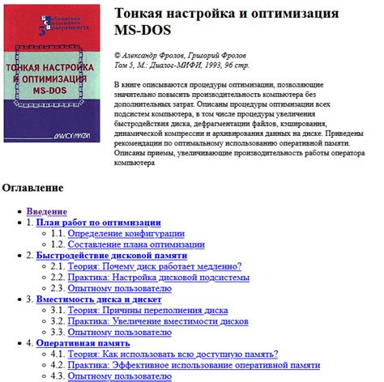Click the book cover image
pos(53,83)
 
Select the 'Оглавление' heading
pos(32,188)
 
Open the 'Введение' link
pos(46,210)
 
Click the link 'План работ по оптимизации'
pos(99,222)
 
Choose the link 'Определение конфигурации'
pos(126,232)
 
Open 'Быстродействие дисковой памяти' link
pos(113,255)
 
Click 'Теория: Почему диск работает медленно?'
pos(155,265)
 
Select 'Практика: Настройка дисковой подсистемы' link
pos(159,277)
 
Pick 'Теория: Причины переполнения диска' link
pos(147,310)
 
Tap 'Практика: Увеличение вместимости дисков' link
pos(159,320)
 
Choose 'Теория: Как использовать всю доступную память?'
pos(173,354)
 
